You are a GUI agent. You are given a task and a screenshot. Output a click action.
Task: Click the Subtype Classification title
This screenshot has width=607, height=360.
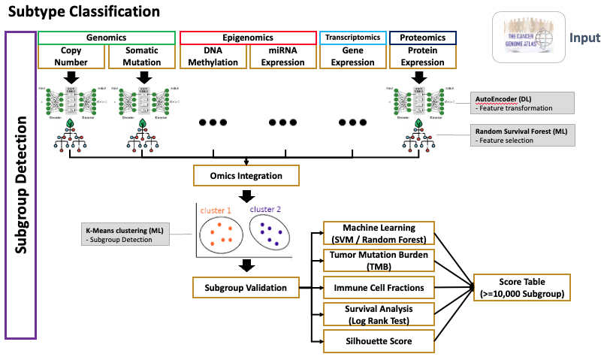(x=84, y=12)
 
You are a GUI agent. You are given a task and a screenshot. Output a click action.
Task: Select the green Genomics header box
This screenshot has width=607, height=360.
(x=107, y=38)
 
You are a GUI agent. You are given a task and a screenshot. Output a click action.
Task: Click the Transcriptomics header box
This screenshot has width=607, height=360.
(x=353, y=38)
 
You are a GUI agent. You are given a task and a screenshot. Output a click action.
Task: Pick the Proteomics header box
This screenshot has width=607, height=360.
(x=422, y=38)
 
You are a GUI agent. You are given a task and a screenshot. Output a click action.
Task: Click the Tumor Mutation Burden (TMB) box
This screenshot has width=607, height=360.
(x=379, y=260)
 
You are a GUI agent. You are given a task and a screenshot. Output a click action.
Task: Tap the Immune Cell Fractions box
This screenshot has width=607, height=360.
(x=379, y=287)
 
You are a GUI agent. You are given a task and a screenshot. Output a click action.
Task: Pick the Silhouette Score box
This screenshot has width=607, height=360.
(x=379, y=341)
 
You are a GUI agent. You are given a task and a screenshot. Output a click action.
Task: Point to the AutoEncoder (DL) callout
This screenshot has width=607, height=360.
(x=523, y=103)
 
